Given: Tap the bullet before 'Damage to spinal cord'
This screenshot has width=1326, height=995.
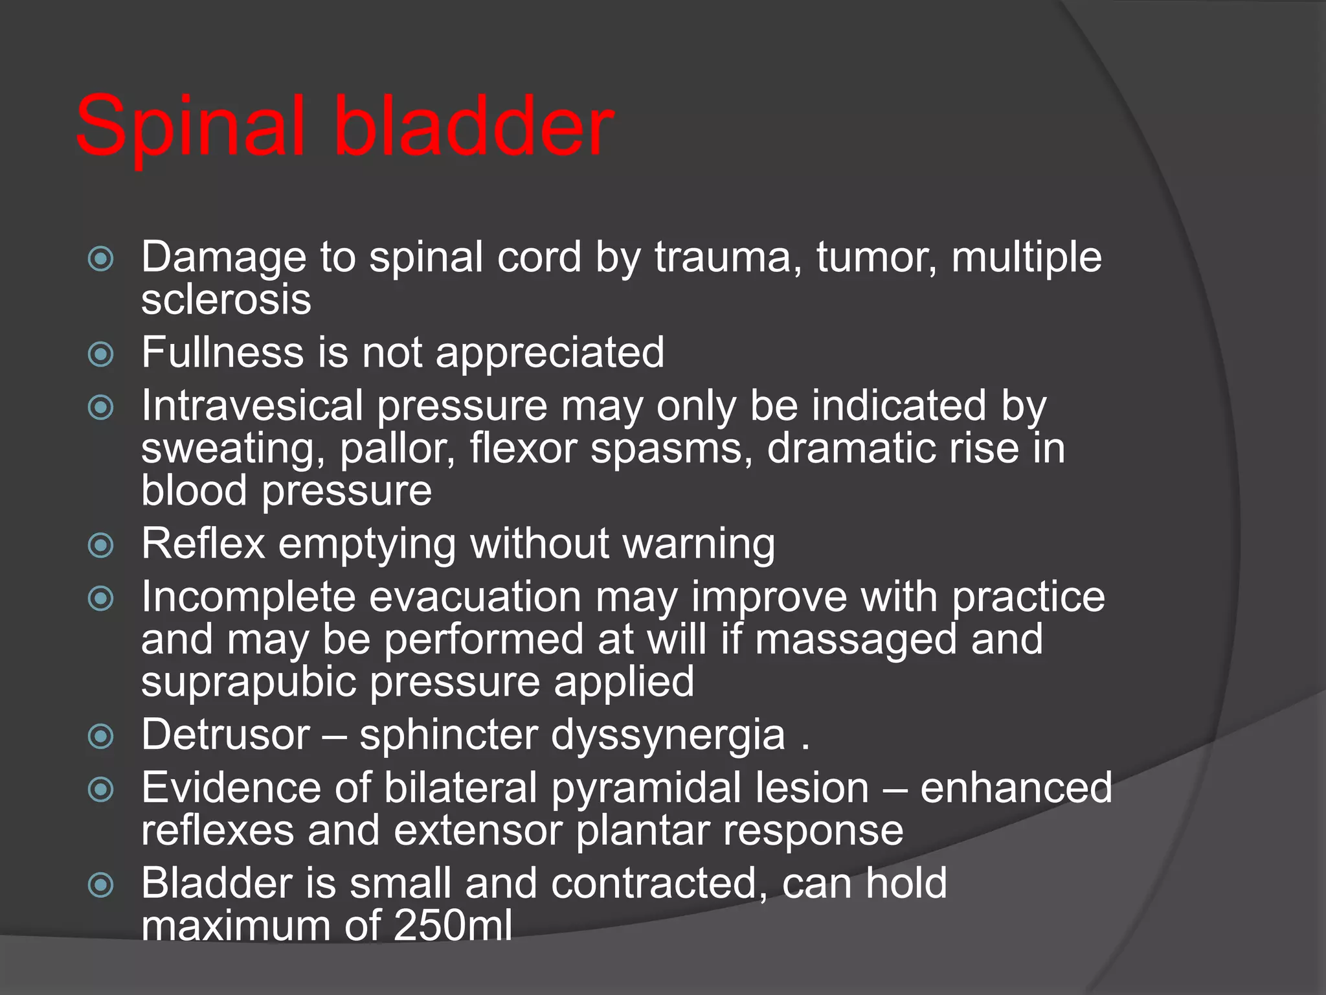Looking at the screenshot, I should click(100, 259).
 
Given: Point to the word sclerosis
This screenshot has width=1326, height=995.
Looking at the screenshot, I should click(226, 300).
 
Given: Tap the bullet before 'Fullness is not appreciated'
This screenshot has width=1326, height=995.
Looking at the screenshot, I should click(100, 354).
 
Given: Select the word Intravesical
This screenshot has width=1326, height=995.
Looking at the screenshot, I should click(252, 406).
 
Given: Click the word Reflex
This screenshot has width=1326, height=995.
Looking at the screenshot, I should click(203, 543).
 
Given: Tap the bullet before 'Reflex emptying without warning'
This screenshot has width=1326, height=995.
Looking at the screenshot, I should click(100, 545).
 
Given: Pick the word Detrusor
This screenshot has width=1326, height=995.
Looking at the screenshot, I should click(225, 735).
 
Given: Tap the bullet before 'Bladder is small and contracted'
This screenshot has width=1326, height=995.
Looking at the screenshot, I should click(100, 885).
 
